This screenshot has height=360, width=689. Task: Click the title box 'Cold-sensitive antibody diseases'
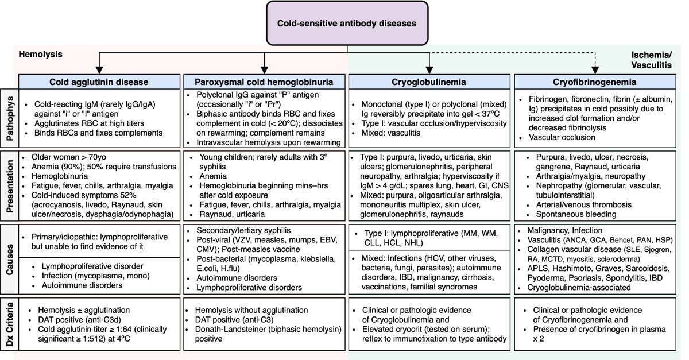pyautogui.click(x=347, y=24)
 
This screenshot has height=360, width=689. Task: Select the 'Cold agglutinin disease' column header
pyautogui.click(x=99, y=82)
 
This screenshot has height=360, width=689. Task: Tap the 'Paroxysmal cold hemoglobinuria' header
pyautogui.click(x=264, y=82)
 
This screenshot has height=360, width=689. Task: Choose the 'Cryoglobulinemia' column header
pyautogui.click(x=429, y=82)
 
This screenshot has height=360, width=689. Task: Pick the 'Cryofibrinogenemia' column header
pyautogui.click(x=595, y=82)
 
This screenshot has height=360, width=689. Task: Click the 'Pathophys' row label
pyautogui.click(x=10, y=118)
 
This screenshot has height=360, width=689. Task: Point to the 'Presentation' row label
pyautogui.click(x=10, y=186)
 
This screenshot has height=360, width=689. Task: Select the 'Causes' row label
pyautogui.click(x=10, y=259)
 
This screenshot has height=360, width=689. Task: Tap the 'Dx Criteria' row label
pyautogui.click(x=10, y=324)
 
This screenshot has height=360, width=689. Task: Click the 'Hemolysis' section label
pyautogui.click(x=40, y=54)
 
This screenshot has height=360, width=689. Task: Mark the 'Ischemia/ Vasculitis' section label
pyautogui.click(x=652, y=60)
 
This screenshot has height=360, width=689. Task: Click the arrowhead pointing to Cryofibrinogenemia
pyautogui.click(x=595, y=71)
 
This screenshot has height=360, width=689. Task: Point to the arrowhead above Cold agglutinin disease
pyautogui.click(x=99, y=71)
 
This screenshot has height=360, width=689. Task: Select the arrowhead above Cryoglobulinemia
pyautogui.click(x=429, y=71)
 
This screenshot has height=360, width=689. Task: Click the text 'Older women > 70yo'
pyautogui.click(x=68, y=157)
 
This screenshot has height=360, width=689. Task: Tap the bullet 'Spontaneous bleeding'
pyautogui.click(x=576, y=214)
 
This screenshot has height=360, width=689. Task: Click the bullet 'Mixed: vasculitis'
pyautogui.click(x=390, y=133)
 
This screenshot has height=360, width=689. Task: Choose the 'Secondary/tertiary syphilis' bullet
pyautogui.click(x=243, y=230)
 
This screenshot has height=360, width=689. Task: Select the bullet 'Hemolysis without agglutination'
pyautogui.click(x=251, y=310)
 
